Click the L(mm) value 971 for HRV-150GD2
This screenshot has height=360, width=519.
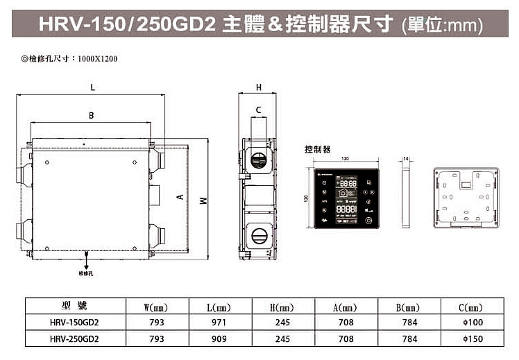[219, 323]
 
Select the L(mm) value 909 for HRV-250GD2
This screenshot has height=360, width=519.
[219, 339]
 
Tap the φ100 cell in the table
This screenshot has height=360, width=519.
[471, 323]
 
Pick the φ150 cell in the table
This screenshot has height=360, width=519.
[471, 339]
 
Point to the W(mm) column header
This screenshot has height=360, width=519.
[156, 307]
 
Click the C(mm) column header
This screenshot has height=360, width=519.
[471, 307]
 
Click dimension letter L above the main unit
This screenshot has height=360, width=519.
[92, 87]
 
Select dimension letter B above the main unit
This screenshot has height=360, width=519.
[91, 115]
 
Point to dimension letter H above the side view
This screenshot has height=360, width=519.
[258, 87]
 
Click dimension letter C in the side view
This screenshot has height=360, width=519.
[258, 110]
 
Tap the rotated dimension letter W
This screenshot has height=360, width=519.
[202, 200]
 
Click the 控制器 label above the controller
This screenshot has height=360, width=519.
[317, 149]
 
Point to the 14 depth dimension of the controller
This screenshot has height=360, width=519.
[407, 159]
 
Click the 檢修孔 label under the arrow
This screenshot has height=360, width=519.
[86, 274]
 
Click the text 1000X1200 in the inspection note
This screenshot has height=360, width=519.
[98, 58]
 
